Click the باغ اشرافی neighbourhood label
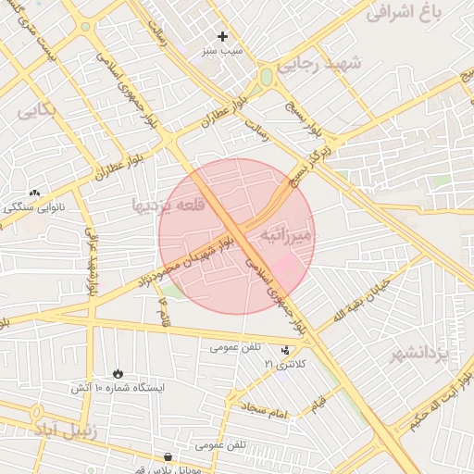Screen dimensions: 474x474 point(418,12)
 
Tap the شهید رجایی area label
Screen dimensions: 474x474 point(323,63)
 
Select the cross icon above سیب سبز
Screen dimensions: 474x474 point(222,36)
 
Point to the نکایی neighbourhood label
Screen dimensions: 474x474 point(37,110)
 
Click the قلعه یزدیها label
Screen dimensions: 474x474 point(167,205)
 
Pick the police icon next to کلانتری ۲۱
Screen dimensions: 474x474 point(285,350)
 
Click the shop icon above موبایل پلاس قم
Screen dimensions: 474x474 point(168,456)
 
